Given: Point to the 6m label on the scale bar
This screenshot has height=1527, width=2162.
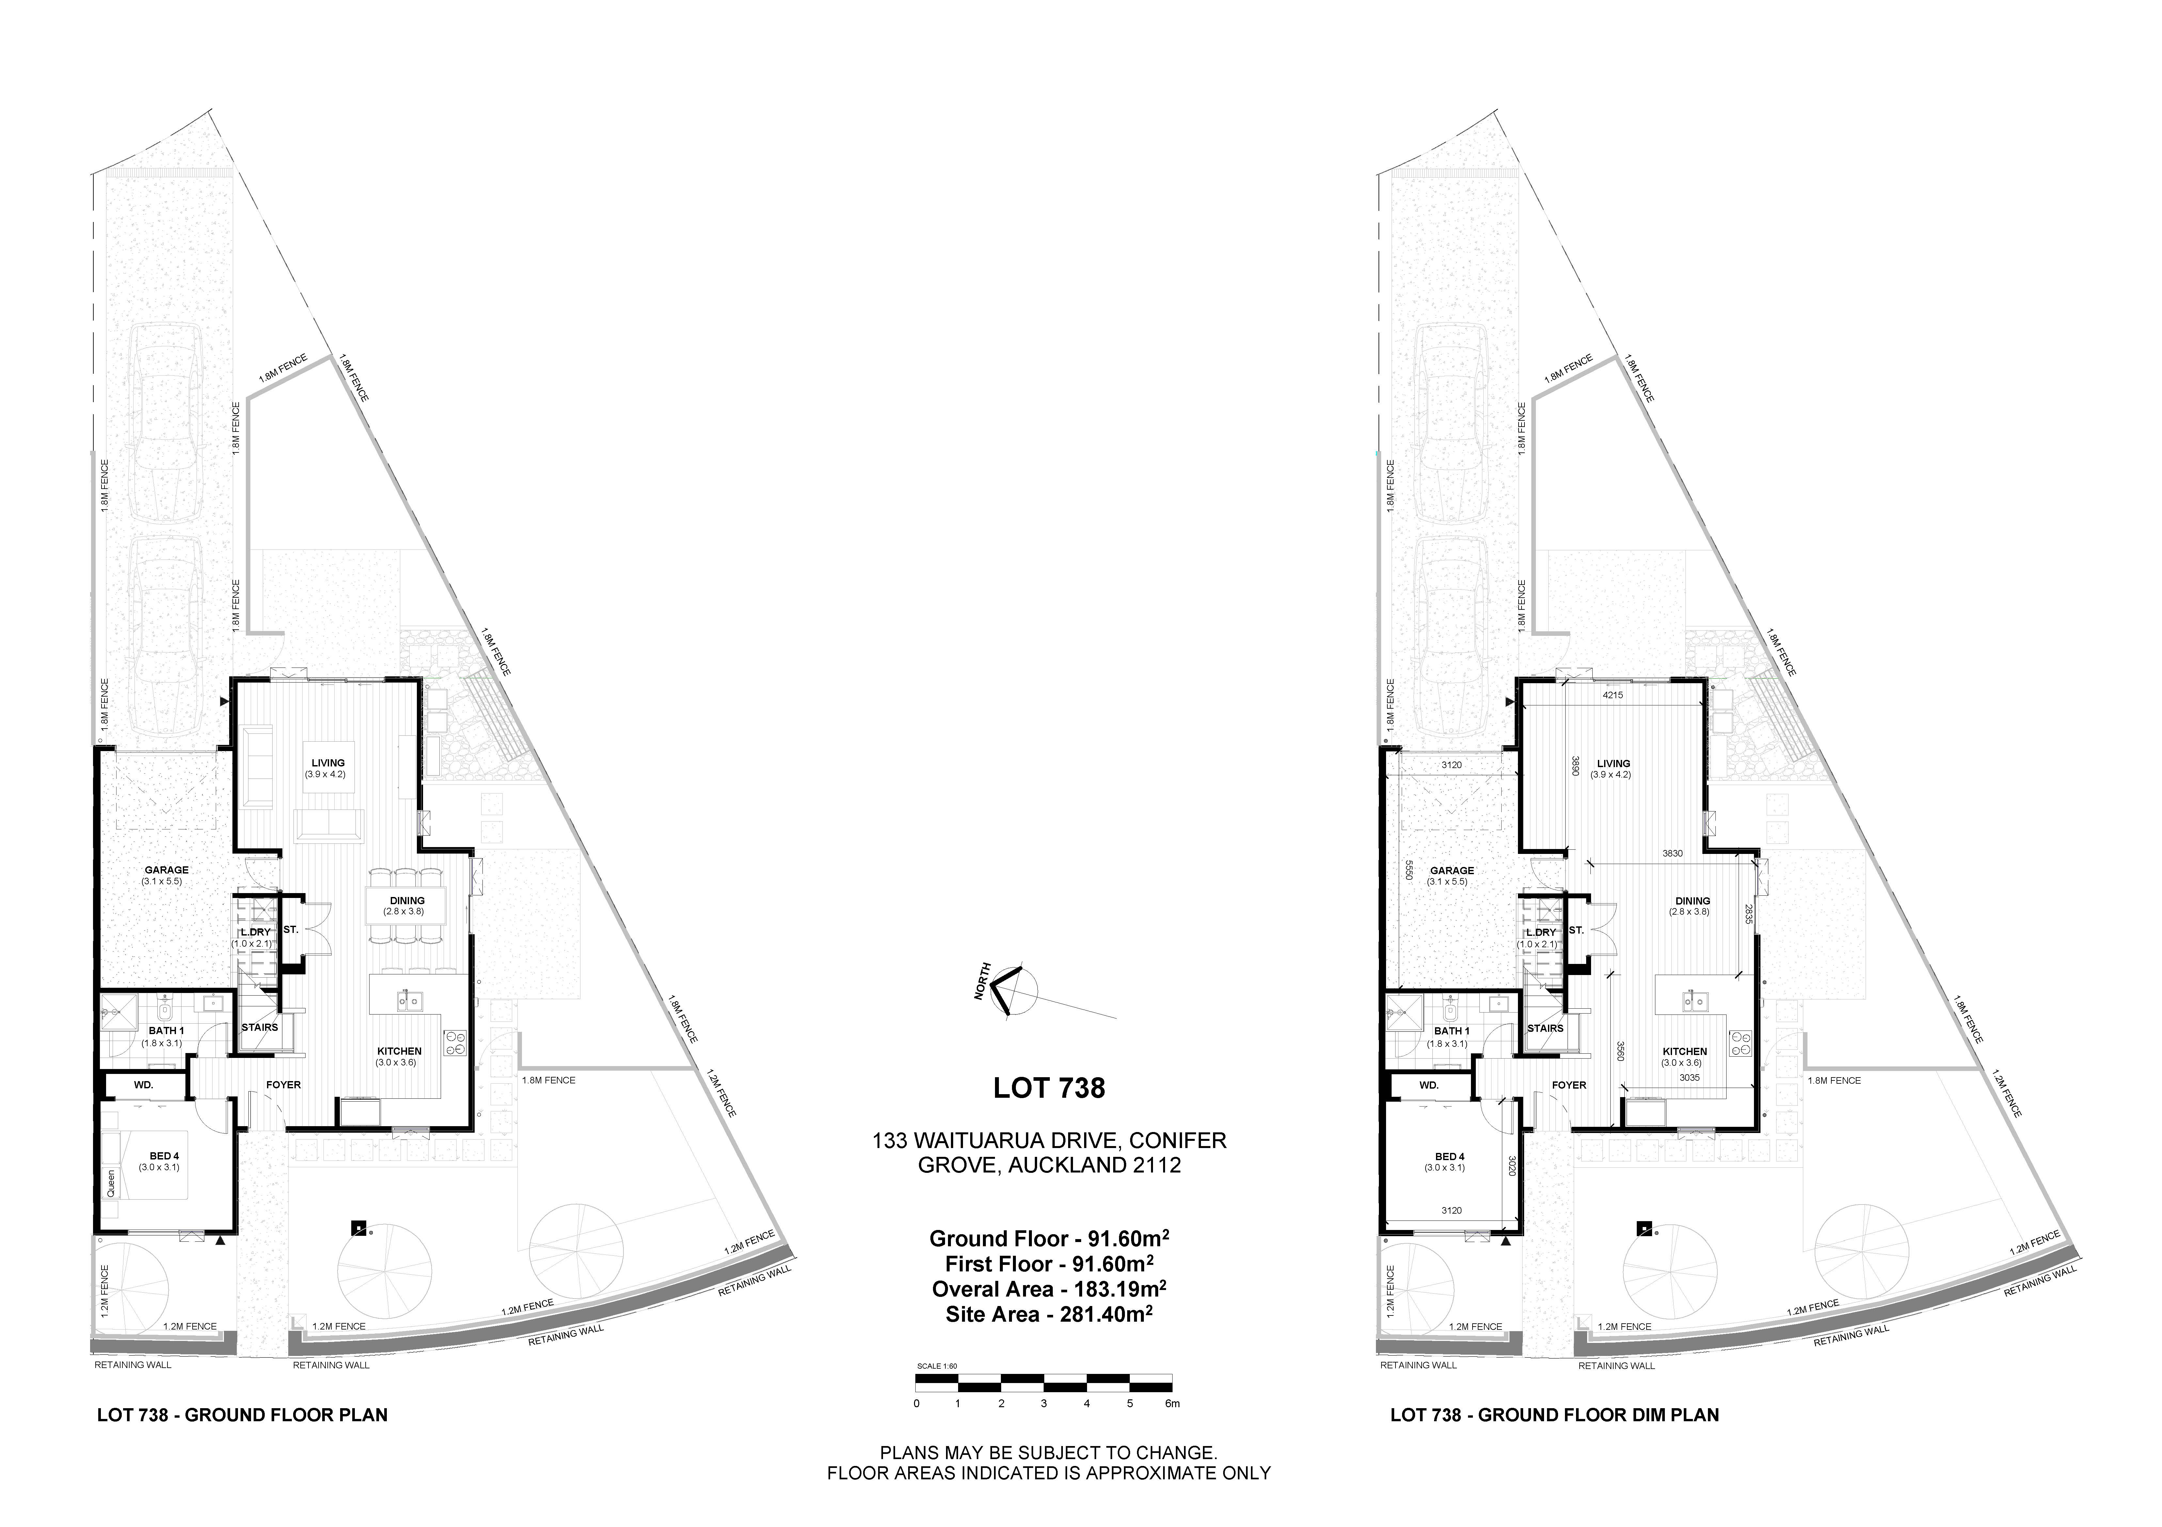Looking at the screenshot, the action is (x=1172, y=1404).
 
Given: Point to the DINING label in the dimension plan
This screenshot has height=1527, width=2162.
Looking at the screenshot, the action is (x=1692, y=901).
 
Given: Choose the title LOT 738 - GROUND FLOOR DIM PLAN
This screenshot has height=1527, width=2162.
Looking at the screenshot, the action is (x=1554, y=1415).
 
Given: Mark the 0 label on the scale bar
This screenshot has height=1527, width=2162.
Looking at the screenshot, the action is (x=916, y=1404).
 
